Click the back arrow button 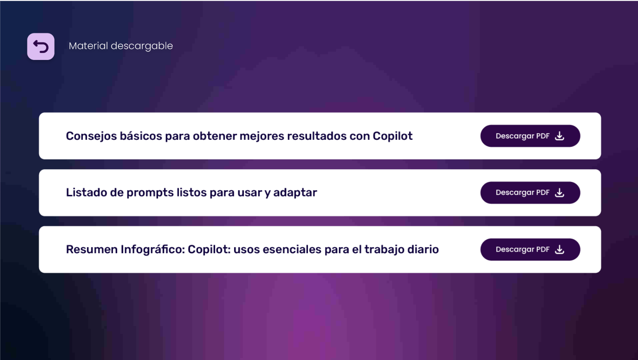click(x=41, y=46)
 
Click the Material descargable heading click(x=121, y=46)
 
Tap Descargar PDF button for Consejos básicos click(x=530, y=136)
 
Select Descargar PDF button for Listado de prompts click(x=530, y=193)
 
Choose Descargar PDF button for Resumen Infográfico click(x=530, y=250)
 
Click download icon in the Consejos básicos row click(x=559, y=136)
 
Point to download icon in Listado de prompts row click(x=559, y=193)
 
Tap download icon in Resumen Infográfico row click(x=559, y=250)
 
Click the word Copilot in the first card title click(x=392, y=136)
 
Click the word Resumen click(x=92, y=250)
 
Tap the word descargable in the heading click(x=142, y=46)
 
